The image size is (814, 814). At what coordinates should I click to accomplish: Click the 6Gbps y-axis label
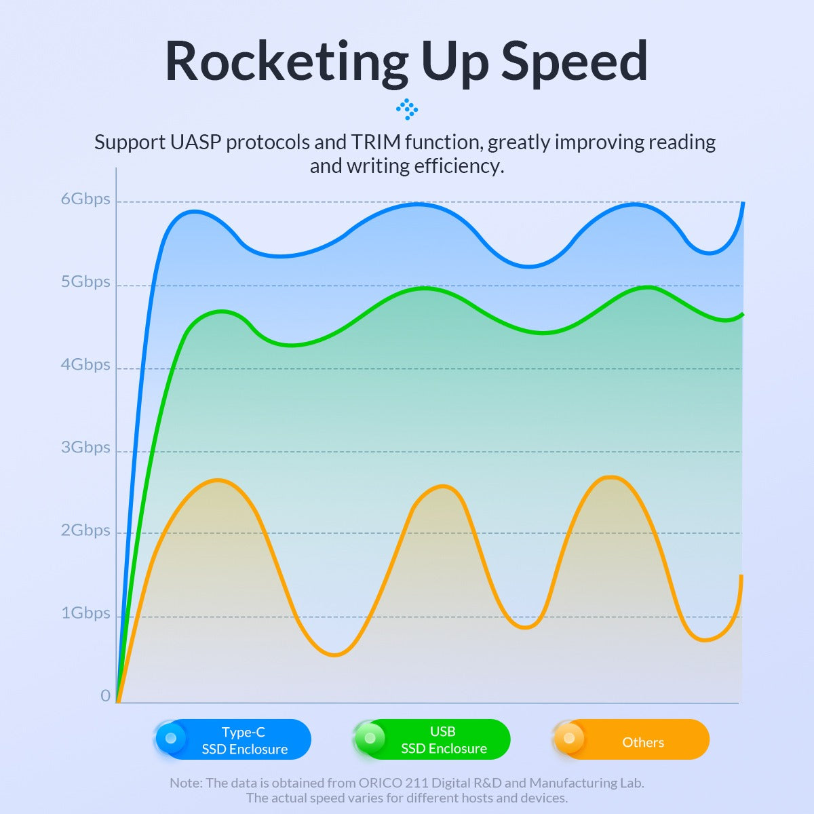[x=85, y=199]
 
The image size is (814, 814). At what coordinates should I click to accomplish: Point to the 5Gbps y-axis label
[x=85, y=282]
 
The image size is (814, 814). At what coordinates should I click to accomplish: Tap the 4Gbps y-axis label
[x=85, y=365]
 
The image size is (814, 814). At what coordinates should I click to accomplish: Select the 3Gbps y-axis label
[x=85, y=448]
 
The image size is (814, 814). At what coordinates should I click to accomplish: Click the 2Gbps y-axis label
[x=85, y=530]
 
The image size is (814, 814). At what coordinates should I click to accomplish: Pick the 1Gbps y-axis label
[x=85, y=613]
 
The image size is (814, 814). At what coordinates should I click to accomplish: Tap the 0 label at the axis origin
[x=105, y=696]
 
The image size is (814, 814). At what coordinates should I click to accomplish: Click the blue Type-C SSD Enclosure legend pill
[x=234, y=739]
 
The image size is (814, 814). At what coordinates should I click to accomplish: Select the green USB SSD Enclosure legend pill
[x=433, y=739]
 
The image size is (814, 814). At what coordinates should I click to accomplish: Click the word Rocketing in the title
[x=286, y=62]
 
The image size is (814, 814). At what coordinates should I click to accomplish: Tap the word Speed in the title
[x=574, y=62]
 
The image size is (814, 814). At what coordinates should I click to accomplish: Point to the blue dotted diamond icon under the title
[x=407, y=109]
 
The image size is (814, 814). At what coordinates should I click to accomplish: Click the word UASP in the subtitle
[x=196, y=142]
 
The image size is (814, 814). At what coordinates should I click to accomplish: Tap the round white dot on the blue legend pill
[x=171, y=738]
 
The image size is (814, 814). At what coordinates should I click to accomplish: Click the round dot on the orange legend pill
[x=569, y=738]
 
